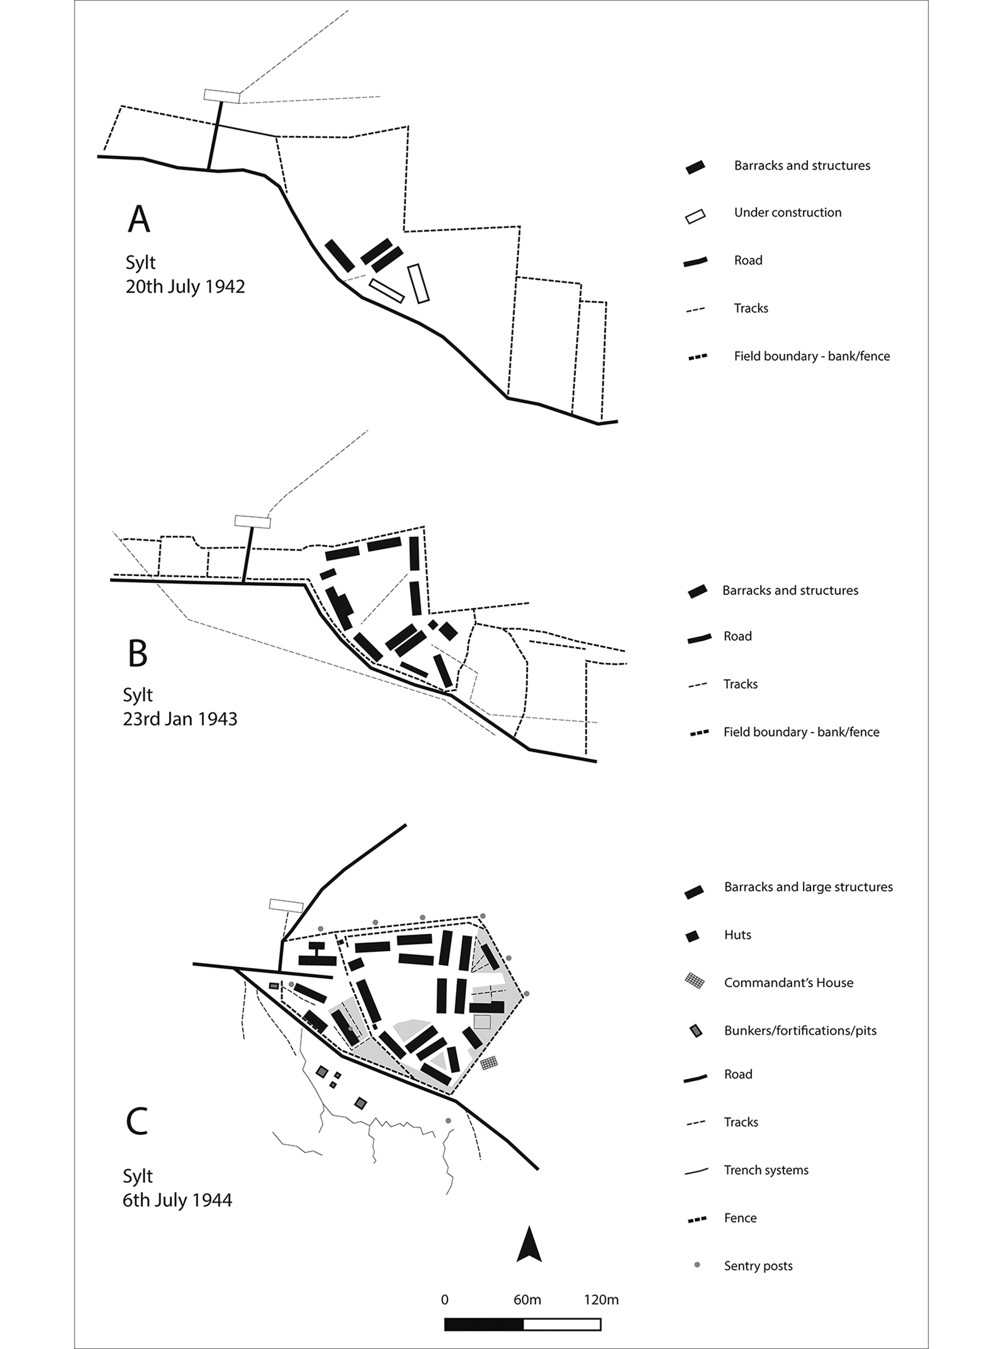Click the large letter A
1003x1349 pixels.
(x=139, y=219)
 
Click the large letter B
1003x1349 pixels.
(x=137, y=653)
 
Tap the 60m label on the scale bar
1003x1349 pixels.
(x=527, y=1300)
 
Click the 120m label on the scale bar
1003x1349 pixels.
(x=601, y=1300)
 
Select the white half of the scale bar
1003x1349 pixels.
(x=562, y=1325)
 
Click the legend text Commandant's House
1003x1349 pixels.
(x=788, y=983)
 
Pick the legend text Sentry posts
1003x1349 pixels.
(x=758, y=1266)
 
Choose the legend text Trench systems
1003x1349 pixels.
(x=766, y=1170)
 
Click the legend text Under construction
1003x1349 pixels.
(x=788, y=213)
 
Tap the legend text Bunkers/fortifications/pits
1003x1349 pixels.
(x=800, y=1031)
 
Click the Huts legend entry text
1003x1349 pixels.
(x=738, y=935)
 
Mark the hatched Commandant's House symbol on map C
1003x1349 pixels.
(x=489, y=1063)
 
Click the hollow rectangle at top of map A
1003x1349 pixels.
(x=222, y=96)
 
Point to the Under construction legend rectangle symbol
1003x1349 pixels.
(x=695, y=216)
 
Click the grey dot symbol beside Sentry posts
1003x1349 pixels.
(x=697, y=1265)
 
